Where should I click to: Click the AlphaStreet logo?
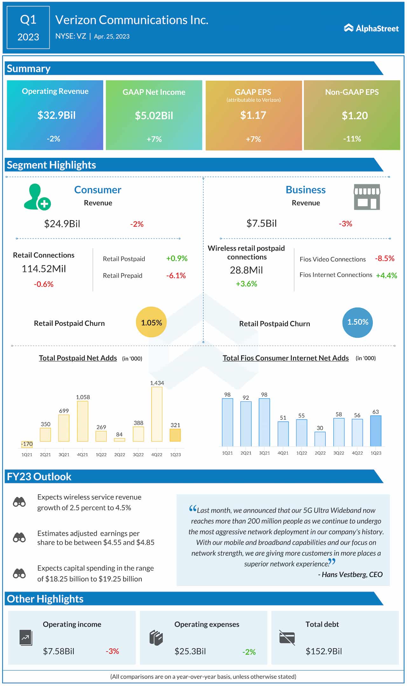[371, 28]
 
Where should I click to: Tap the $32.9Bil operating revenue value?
[56, 115]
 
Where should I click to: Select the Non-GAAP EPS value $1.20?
[355, 115]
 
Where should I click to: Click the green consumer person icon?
[37, 197]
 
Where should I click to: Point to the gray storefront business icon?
[367, 197]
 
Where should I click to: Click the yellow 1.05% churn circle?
[151, 322]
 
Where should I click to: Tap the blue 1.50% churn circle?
[357, 322]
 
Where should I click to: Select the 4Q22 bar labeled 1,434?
[157, 414]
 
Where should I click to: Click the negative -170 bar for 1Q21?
[27, 444]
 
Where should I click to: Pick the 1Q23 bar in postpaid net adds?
[175, 435]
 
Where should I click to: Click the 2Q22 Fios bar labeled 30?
[320, 439]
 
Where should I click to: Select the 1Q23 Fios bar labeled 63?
[376, 431]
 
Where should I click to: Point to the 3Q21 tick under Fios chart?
[264, 453]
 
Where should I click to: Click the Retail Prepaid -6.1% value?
[176, 276]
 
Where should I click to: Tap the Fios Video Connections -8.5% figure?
[384, 258]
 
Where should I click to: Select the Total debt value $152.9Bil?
[323, 651]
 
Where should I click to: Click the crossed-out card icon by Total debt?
[287, 638]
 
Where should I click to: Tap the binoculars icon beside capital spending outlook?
[19, 573]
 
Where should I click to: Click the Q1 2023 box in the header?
[28, 28]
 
